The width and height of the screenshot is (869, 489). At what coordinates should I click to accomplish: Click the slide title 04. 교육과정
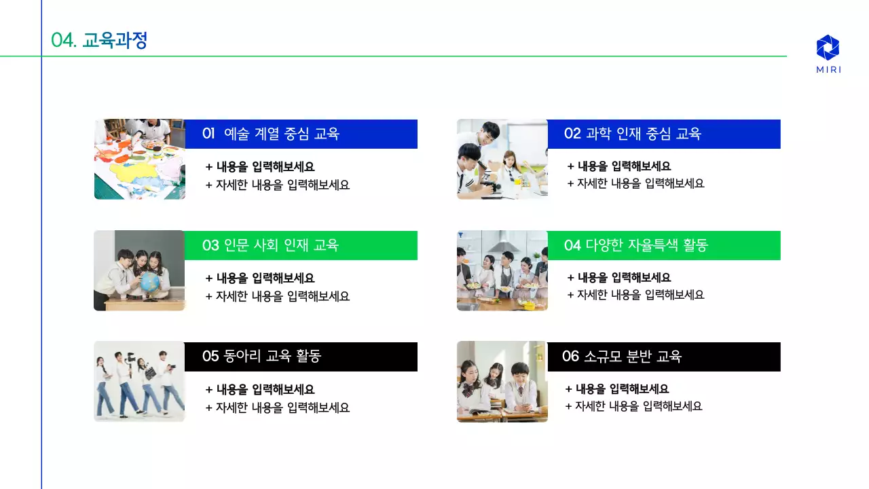tap(99, 41)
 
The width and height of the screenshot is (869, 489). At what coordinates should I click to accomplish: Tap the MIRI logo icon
tap(828, 48)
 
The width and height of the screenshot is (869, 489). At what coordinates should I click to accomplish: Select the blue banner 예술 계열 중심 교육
tap(301, 134)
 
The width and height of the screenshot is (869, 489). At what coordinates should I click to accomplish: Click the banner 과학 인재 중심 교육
tap(663, 134)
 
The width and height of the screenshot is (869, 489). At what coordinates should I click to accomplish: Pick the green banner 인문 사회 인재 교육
tap(301, 245)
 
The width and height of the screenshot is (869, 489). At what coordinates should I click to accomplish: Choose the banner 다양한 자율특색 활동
tap(663, 245)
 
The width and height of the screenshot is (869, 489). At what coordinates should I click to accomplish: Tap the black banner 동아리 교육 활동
tap(301, 357)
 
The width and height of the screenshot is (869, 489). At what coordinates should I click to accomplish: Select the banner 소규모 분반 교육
tap(663, 357)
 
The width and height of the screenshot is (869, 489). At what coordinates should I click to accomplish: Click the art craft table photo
tap(139, 159)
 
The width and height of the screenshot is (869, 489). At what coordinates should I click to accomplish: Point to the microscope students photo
tap(502, 159)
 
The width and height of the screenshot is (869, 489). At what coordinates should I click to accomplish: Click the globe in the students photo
tap(151, 281)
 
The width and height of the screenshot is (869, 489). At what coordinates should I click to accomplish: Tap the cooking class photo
tap(502, 270)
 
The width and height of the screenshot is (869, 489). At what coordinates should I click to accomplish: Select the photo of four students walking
tap(139, 381)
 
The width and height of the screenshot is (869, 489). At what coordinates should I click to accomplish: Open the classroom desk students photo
tap(502, 381)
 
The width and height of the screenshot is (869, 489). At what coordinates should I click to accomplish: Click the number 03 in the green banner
tap(210, 245)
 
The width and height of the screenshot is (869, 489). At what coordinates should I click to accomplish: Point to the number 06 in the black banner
tap(570, 357)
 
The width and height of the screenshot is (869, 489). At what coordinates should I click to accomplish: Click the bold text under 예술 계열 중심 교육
tap(260, 166)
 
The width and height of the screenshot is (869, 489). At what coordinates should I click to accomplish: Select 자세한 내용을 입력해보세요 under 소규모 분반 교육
tap(633, 406)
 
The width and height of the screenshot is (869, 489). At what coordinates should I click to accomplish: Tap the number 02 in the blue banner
tap(572, 134)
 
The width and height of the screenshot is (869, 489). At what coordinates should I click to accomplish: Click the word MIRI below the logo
tap(828, 70)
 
